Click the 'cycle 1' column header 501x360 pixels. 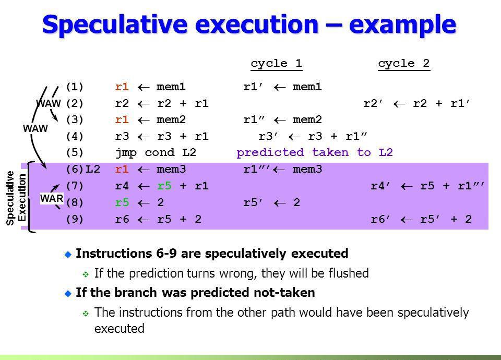pos(277,63)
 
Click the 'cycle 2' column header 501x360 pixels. pos(403,63)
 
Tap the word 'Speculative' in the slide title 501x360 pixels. pos(114,25)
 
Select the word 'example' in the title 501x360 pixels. pos(402,25)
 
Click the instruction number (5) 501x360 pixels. pos(75,152)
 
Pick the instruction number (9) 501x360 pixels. pos(75,219)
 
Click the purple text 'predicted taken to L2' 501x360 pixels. pos(314,152)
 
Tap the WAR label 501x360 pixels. pos(52,198)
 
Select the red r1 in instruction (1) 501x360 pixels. pos(122,87)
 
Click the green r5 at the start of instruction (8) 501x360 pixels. pos(122,202)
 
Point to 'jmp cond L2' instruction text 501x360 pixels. pos(156,153)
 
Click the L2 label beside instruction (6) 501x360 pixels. pos(93,169)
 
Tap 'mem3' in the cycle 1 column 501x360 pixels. pos(307,169)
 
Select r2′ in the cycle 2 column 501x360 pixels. pos(373,103)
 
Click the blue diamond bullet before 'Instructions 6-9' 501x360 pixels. pos(68,254)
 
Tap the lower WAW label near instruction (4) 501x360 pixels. pos(35,128)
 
